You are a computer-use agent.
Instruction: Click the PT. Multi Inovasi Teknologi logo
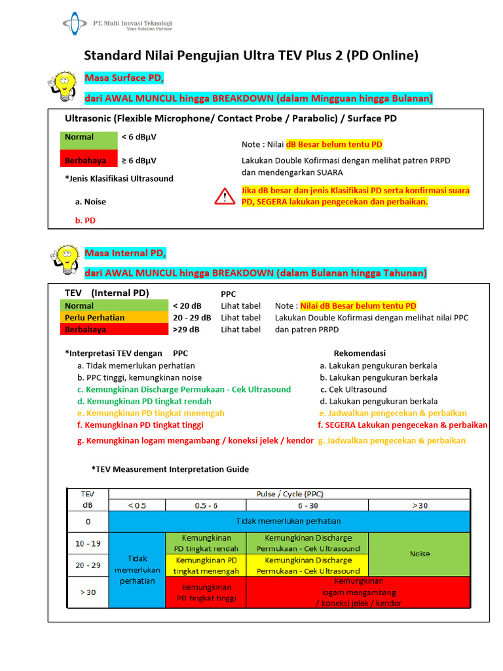[117, 24]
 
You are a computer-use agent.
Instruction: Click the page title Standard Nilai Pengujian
[251, 56]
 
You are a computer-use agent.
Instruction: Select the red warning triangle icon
[225, 196]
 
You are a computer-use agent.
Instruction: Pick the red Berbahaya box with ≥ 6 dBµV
[88, 160]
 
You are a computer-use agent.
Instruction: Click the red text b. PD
[85, 221]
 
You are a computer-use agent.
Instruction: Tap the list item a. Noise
[90, 202]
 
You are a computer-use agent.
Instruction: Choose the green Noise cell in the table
[420, 554]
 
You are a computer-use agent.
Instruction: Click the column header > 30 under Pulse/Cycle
[420, 505]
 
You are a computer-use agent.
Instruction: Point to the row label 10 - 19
[87, 543]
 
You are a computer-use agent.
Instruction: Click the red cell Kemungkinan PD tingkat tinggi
[205, 592]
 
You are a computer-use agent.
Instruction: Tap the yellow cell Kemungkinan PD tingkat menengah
[205, 566]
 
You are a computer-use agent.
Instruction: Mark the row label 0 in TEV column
[87, 522]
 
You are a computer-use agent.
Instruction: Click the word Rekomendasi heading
[360, 353]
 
